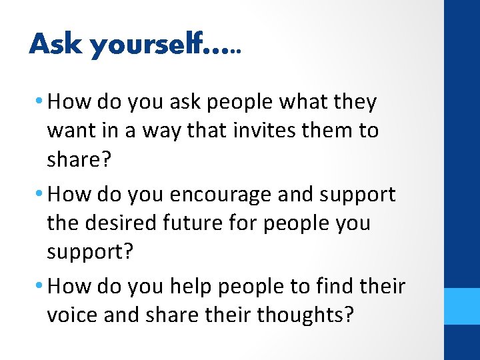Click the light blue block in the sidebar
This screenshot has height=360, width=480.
(x=462, y=306)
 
